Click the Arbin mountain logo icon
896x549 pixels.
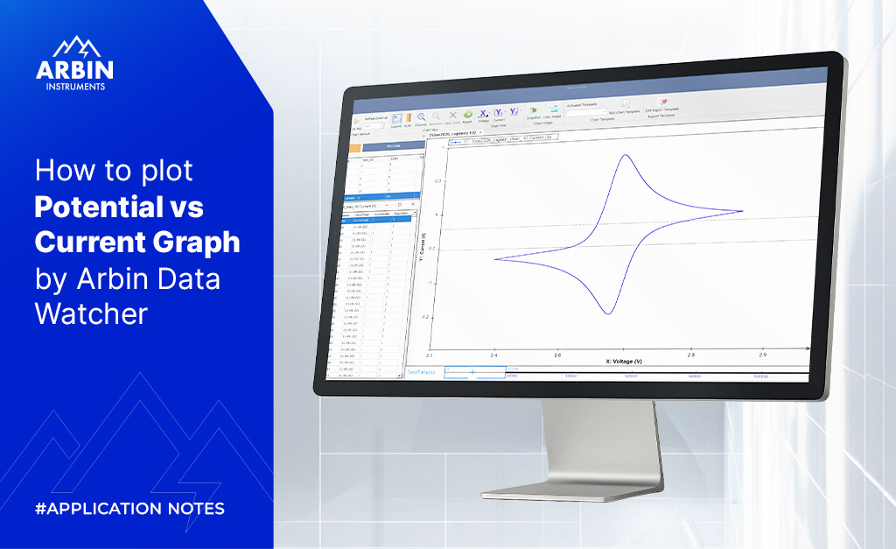[74, 48]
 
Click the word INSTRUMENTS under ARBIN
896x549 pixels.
[74, 87]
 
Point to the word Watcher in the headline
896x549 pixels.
[92, 313]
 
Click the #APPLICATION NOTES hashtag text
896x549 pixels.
[129, 509]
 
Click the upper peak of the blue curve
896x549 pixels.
[625, 156]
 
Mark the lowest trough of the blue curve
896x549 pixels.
[606, 313]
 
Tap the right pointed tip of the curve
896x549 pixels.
[743, 211]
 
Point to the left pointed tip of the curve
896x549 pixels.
[495, 258]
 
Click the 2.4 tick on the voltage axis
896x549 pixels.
[494, 356]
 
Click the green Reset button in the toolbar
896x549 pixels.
[467, 115]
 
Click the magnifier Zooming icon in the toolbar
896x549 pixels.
[421, 116]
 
